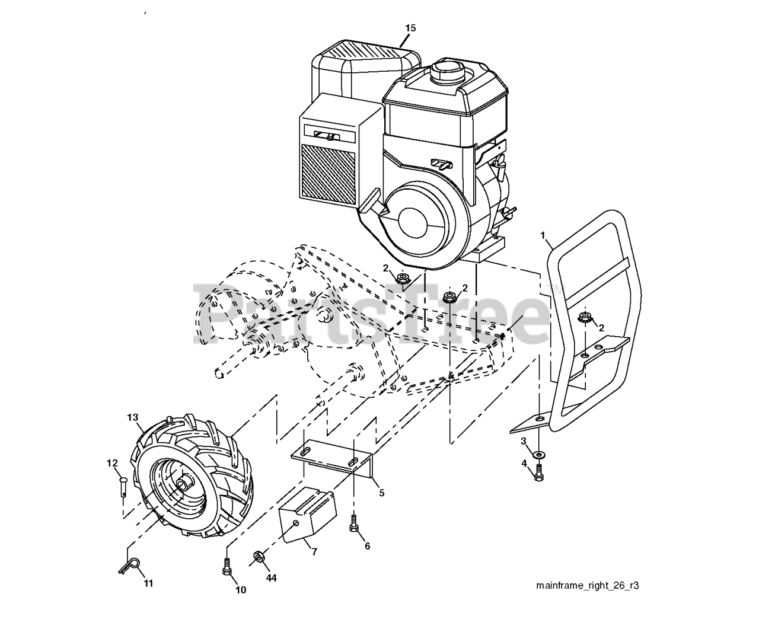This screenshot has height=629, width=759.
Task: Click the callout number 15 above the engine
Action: pos(411,28)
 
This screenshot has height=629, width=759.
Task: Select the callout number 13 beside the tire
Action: pos(132,417)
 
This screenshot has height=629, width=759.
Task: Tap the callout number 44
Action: pos(271,577)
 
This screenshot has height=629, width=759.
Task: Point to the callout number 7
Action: pos(314,552)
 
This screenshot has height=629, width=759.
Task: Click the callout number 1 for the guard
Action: pos(543,235)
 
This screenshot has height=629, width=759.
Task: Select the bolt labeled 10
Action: pos(226,566)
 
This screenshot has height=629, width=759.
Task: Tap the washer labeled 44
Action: pos(259,557)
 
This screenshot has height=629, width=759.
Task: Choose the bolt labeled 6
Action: pos(353,523)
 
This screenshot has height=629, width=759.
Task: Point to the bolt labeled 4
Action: pos(538,472)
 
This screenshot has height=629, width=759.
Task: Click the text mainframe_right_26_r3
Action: pos(587,586)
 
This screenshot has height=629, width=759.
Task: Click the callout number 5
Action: pos(381,493)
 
